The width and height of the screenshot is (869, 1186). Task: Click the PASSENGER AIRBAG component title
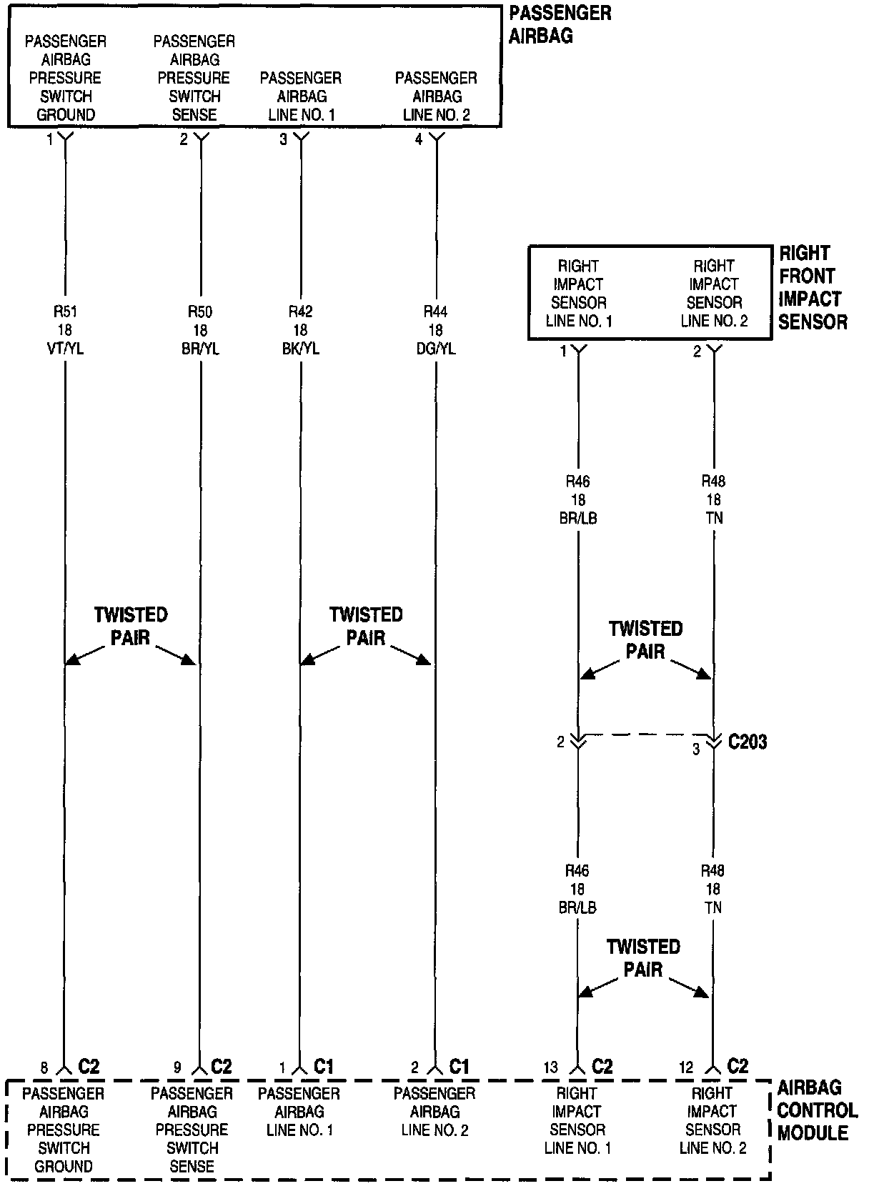[x=560, y=24]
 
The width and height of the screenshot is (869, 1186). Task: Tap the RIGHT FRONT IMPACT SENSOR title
[x=813, y=288]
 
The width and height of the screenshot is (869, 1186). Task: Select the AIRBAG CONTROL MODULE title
[x=817, y=1110]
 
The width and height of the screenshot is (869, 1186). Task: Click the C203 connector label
[x=748, y=742]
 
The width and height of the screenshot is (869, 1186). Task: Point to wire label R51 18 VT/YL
[x=65, y=330]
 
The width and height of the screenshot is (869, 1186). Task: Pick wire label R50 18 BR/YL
[x=200, y=330]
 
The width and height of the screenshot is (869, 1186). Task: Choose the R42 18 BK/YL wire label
[x=300, y=330]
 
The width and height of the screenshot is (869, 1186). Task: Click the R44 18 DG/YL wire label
[x=435, y=330]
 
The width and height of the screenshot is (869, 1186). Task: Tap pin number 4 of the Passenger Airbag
[x=419, y=140]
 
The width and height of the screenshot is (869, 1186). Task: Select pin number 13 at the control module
[x=550, y=1068]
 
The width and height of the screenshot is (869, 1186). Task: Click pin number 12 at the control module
[x=686, y=1068]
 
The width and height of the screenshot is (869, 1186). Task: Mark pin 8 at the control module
[x=44, y=1068]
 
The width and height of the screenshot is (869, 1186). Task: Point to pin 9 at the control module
[x=177, y=1068]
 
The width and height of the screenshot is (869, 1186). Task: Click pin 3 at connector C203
[x=696, y=750]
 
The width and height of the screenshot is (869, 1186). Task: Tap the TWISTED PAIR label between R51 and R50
[x=131, y=626]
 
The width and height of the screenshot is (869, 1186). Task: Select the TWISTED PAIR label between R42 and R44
[x=366, y=626]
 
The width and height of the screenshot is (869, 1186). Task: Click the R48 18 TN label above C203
[x=713, y=499]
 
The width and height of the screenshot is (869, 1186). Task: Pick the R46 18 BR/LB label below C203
[x=577, y=889]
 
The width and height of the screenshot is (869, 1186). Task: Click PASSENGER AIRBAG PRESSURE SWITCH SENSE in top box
[x=194, y=78]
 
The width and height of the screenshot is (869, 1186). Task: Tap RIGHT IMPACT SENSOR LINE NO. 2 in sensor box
[x=714, y=294]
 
